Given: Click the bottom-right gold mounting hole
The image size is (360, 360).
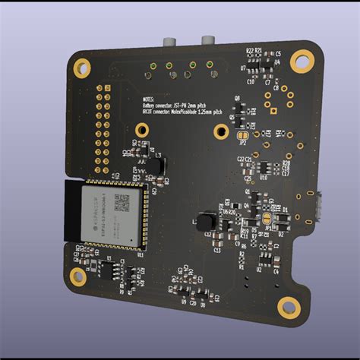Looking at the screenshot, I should [287, 307].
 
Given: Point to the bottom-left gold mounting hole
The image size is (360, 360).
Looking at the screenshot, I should [77, 276].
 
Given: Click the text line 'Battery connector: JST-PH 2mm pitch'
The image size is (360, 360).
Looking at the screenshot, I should [182, 106].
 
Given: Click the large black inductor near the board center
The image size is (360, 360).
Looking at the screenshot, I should [205, 221].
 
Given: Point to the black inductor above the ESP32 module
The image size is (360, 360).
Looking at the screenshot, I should [154, 165].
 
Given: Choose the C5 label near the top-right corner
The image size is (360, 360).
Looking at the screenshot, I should [278, 53].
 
